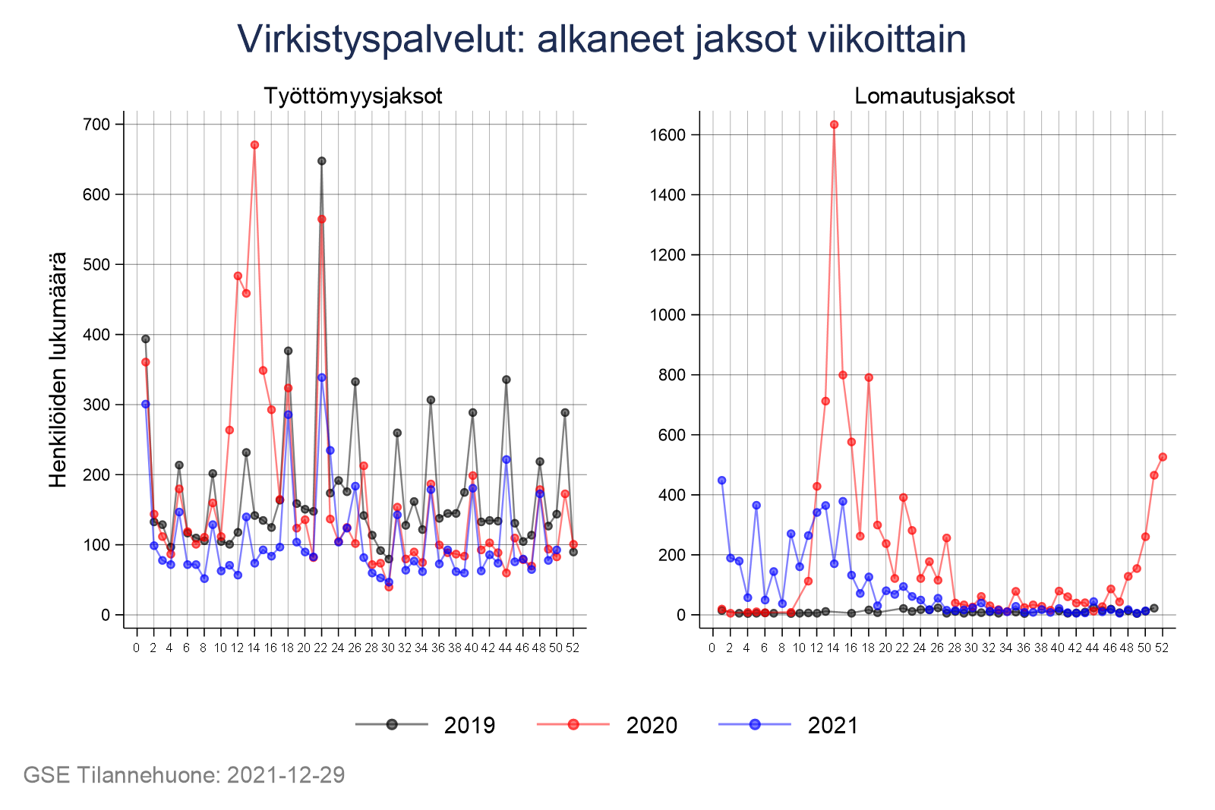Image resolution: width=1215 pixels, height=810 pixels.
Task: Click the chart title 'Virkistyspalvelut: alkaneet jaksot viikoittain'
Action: [601, 39]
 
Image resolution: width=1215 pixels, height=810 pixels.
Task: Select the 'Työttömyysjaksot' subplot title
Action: [353, 96]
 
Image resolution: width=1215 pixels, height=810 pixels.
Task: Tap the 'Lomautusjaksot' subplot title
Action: [935, 96]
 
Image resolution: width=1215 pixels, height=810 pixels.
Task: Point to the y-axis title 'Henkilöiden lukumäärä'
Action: [58, 370]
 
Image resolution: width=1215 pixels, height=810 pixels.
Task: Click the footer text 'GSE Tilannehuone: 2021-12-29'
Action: [185, 775]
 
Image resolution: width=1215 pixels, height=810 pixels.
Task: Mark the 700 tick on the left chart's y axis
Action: [96, 124]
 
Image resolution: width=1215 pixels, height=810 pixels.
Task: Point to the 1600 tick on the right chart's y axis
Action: [668, 135]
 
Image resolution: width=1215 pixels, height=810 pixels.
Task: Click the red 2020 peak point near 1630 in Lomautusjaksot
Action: [834, 124]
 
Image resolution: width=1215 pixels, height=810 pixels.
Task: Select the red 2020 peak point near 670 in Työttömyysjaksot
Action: [254, 145]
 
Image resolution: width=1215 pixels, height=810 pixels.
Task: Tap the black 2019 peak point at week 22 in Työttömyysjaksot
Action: [321, 161]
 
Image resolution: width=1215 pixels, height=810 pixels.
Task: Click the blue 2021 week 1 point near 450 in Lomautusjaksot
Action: [721, 481]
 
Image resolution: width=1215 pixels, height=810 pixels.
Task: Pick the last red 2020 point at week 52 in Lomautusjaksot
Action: [1163, 457]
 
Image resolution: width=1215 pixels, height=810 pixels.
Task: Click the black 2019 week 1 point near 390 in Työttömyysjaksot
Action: [145, 339]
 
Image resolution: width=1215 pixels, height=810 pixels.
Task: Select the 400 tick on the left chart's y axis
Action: [96, 335]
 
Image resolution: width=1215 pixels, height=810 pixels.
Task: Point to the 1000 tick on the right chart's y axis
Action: [668, 315]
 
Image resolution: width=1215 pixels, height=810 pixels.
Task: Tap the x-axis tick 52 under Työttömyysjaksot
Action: [573, 648]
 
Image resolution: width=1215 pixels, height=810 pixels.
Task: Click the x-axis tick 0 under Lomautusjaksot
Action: [712, 648]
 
